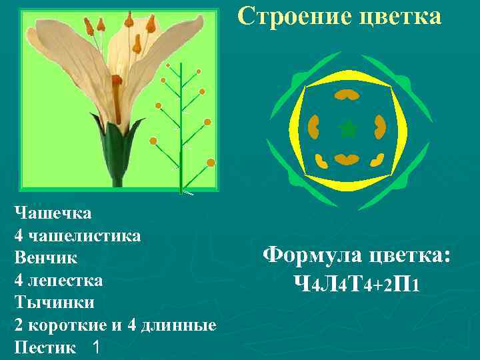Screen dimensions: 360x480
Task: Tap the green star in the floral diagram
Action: (x=347, y=129)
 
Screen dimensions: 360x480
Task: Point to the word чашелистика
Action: (x=83, y=235)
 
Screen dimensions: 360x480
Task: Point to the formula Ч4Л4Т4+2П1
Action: (x=357, y=285)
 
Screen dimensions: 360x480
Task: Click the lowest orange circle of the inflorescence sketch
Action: (x=211, y=162)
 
